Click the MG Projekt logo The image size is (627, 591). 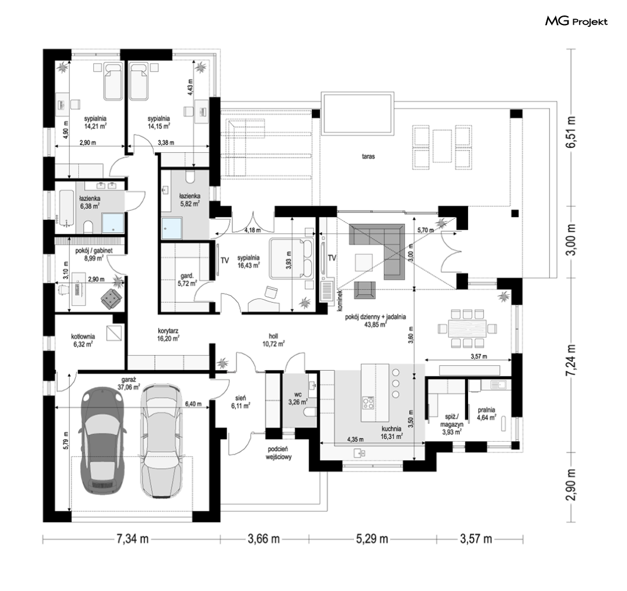[576, 21]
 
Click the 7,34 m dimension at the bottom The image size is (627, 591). [132, 539]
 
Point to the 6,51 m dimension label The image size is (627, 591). [573, 133]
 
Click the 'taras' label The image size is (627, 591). [368, 156]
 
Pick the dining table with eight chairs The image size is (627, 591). [467, 328]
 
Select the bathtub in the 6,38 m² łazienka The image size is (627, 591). [66, 207]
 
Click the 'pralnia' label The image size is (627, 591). [486, 410]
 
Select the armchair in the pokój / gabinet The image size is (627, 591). [111, 298]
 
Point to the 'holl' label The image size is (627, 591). [273, 337]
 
